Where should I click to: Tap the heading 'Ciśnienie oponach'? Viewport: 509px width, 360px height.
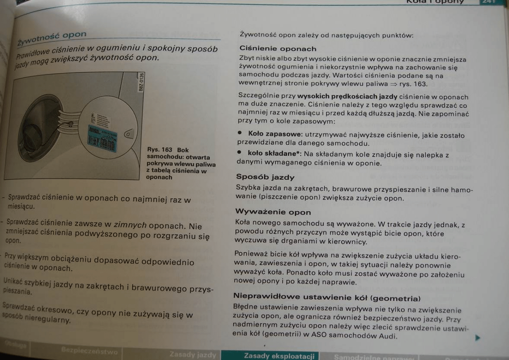pos(278,49)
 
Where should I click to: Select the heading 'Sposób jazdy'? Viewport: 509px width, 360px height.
pos(265,177)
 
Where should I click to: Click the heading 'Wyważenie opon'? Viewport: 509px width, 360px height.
pos(273,212)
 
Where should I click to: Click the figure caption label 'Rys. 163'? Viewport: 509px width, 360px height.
pos(160,150)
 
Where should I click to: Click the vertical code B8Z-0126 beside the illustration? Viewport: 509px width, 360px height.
pos(141,82)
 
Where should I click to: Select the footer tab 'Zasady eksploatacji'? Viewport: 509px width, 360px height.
pos(279,356)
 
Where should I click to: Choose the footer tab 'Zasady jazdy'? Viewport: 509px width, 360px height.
pos(193,355)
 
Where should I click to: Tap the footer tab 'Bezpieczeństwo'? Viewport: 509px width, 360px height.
pos(89,351)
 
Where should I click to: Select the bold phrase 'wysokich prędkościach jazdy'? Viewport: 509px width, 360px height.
pos(347,97)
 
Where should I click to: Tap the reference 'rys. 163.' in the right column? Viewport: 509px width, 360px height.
pos(413,84)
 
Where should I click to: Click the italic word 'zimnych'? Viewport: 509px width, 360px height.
pos(130,225)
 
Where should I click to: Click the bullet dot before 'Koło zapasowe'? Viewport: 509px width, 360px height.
pos(239,133)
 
